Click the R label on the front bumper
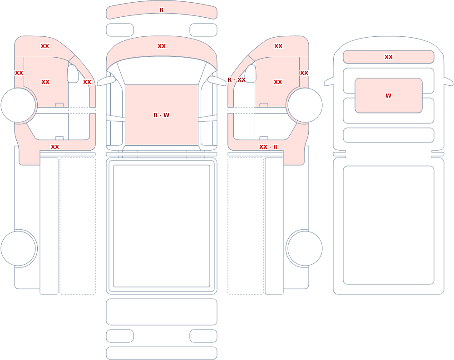click(x=161, y=10)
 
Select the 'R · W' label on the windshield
click(x=161, y=115)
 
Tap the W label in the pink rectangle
click(x=388, y=96)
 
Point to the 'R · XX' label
click(x=237, y=79)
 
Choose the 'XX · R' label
click(x=268, y=147)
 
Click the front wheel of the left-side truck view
click(x=18, y=105)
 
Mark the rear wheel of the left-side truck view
click(x=18, y=248)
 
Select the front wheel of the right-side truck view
click(x=305, y=105)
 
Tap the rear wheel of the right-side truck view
click(x=305, y=248)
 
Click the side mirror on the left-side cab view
click(x=73, y=74)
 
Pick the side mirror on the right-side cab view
click(x=251, y=74)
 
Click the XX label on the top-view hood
click(x=162, y=46)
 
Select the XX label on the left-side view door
click(x=45, y=82)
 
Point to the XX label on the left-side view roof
click(x=45, y=46)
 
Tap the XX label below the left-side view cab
click(x=55, y=147)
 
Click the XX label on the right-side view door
click(x=278, y=82)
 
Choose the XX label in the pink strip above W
click(x=389, y=57)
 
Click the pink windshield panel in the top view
click(x=162, y=115)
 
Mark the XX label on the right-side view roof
click(x=278, y=46)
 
